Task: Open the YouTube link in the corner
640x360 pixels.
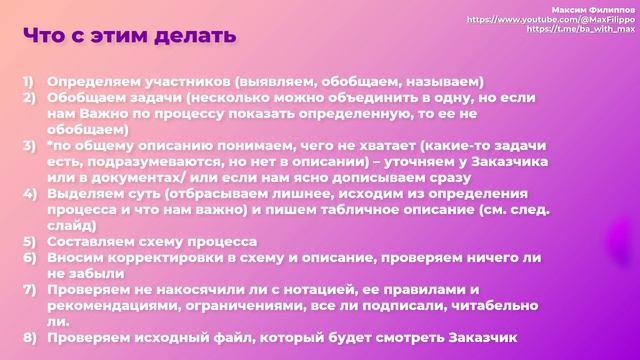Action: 552,19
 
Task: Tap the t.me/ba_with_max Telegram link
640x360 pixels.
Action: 583,29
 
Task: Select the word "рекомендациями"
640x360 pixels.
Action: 119,305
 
